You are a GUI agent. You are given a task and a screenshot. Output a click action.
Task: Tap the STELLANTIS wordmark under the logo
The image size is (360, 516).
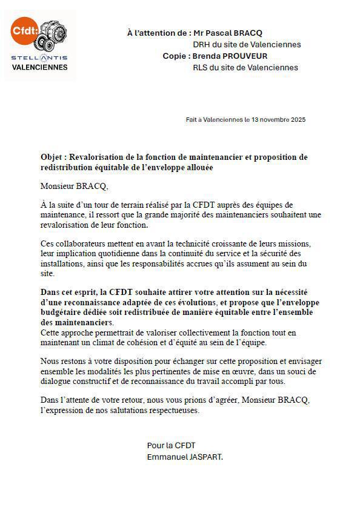[x=39, y=58]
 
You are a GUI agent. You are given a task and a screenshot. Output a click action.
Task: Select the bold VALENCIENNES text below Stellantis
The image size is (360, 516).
[x=40, y=67]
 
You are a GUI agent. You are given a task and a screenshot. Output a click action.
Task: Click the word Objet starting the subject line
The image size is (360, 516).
[x=52, y=157]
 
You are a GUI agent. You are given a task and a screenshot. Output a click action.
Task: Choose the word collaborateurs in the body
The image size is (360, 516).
[x=79, y=243]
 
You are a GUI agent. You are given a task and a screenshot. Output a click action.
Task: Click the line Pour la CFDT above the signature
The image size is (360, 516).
[x=171, y=446]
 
